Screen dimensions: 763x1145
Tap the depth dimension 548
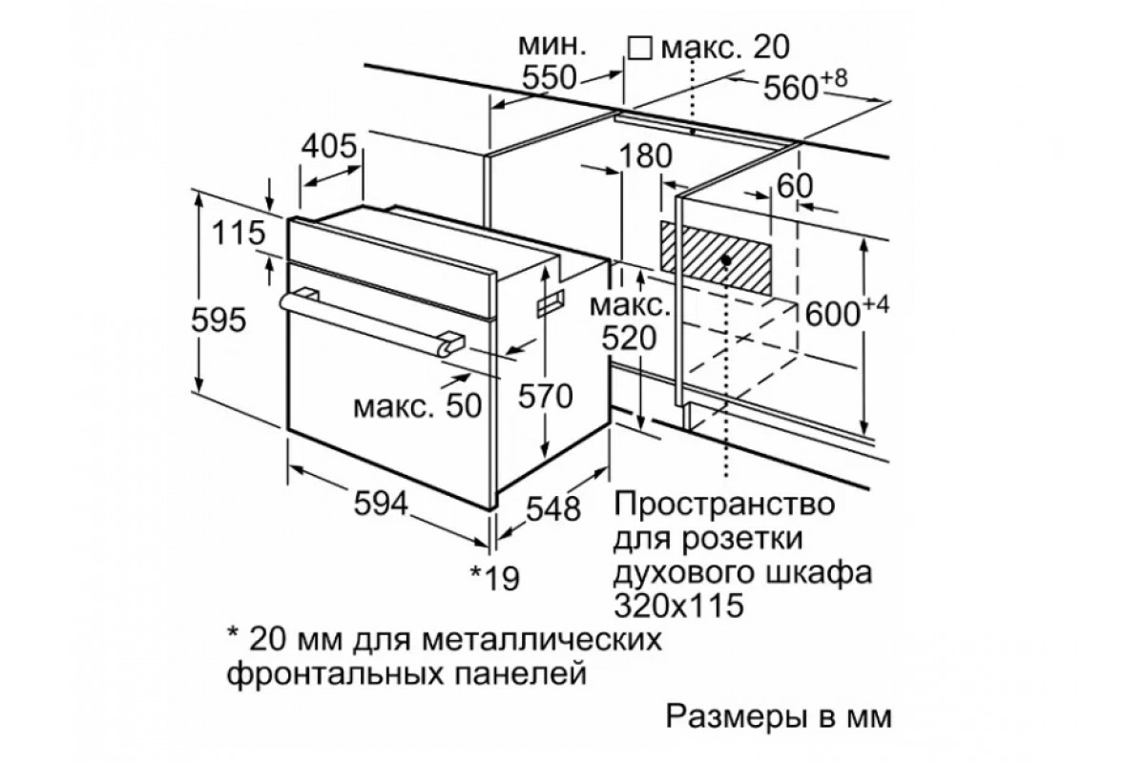coord(552,508)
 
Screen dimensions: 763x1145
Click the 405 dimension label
coord(329,147)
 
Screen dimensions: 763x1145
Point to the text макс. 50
coord(413,405)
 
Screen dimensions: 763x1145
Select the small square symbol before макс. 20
coord(640,47)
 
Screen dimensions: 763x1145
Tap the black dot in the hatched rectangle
coord(727,258)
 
